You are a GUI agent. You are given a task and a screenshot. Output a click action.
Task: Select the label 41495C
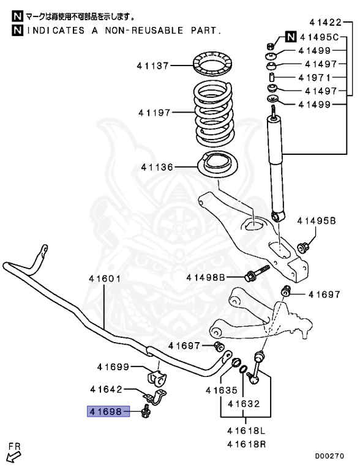(318, 37)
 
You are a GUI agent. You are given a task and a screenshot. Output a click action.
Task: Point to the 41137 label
(153, 64)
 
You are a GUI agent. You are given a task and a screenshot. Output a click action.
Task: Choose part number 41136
(157, 166)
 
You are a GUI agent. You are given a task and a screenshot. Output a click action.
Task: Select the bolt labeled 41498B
(257, 273)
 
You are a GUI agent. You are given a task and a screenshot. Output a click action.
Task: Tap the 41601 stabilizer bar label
(103, 278)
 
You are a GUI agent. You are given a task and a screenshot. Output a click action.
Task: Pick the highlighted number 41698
(107, 412)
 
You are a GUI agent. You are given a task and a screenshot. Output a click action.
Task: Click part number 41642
(107, 389)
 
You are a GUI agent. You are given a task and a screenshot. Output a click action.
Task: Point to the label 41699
(113, 367)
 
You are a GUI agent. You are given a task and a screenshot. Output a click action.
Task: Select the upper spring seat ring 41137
(212, 64)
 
